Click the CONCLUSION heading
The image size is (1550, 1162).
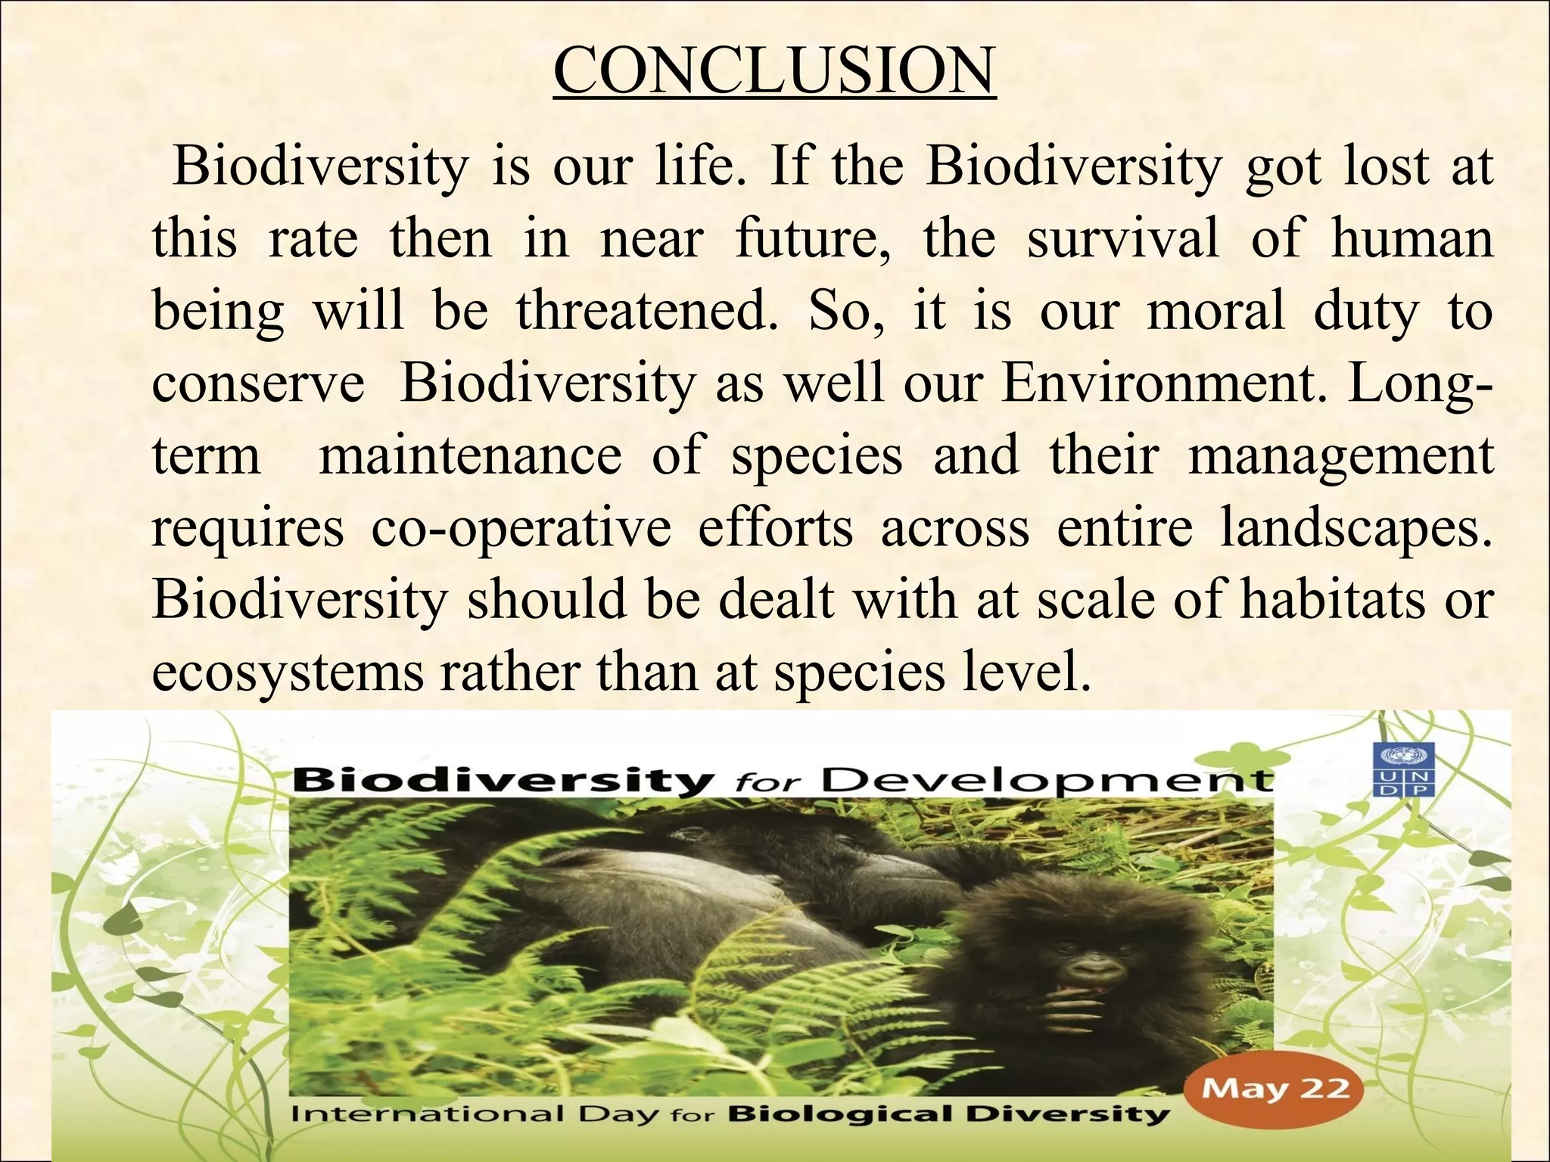click(774, 71)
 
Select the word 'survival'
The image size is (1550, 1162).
click(1123, 238)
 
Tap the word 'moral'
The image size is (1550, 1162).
click(1215, 311)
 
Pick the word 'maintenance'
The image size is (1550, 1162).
click(470, 455)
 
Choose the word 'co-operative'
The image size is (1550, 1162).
click(521, 527)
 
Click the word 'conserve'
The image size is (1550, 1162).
click(258, 383)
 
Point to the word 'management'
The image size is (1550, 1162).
click(1340, 455)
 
